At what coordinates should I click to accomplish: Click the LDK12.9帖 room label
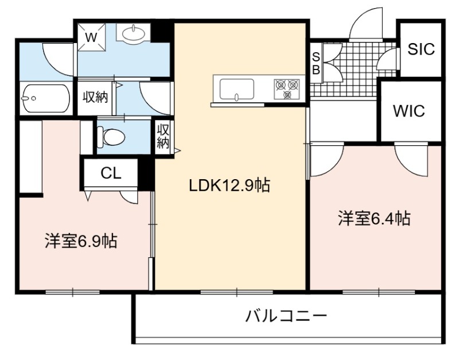pyautogui.click(x=229, y=185)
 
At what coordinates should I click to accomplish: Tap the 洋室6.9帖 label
pyautogui.click(x=81, y=241)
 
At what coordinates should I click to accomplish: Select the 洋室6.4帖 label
pyautogui.click(x=374, y=218)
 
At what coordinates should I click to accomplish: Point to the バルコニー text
pyautogui.click(x=286, y=316)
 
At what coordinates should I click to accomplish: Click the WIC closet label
pyautogui.click(x=409, y=111)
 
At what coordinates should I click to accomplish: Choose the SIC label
pyautogui.click(x=421, y=49)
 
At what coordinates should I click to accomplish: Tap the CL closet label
pyautogui.click(x=111, y=173)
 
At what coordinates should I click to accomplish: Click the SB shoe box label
pyautogui.click(x=316, y=63)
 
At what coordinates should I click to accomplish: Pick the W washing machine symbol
pyautogui.click(x=91, y=37)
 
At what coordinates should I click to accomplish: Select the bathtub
pyautogui.click(x=46, y=98)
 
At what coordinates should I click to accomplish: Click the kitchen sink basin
pyautogui.click(x=237, y=90)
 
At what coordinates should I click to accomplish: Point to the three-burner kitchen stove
pyautogui.click(x=287, y=89)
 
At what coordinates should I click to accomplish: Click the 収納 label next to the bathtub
pyautogui.click(x=95, y=97)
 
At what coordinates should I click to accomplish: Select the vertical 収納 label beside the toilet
pyautogui.click(x=163, y=136)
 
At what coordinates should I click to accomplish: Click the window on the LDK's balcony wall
pyautogui.click(x=236, y=292)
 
